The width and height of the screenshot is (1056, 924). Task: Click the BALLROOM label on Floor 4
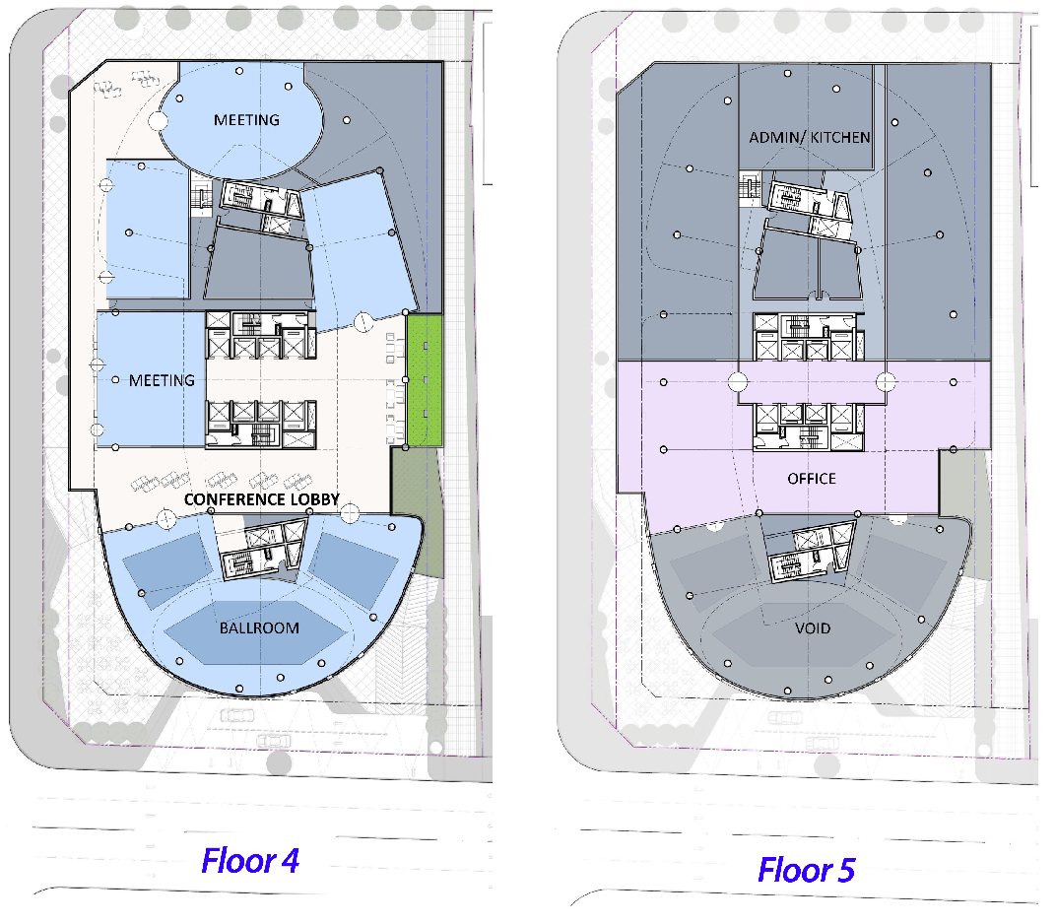coord(259,628)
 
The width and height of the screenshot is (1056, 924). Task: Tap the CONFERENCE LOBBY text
coord(262,499)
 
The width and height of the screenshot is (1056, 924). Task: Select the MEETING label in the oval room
coord(246,120)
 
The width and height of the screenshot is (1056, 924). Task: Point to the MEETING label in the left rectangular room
coord(162,380)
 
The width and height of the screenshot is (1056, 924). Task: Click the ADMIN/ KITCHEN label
coord(810,137)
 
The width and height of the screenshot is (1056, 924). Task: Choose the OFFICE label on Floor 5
coord(812,479)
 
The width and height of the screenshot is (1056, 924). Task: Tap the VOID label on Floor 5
coord(813,628)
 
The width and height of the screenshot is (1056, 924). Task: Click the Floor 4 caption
coord(250,861)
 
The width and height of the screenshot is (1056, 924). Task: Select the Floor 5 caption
coord(806,870)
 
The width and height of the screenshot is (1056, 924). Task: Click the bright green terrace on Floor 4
coord(425,380)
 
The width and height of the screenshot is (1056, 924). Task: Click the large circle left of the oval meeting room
coord(158,121)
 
